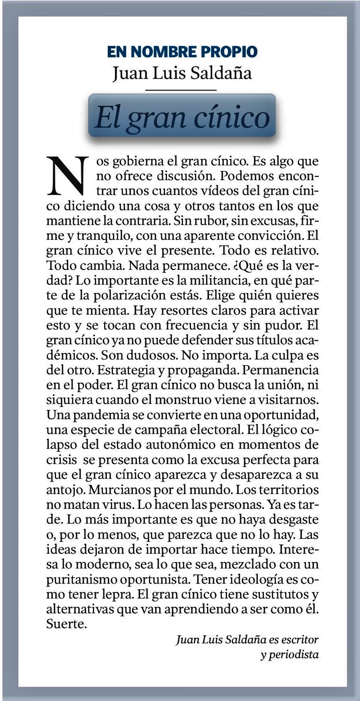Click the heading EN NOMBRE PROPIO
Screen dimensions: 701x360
[x=182, y=52]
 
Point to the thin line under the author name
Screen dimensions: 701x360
[x=181, y=90]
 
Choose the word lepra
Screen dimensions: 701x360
[x=116, y=595]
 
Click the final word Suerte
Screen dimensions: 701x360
[x=66, y=624]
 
